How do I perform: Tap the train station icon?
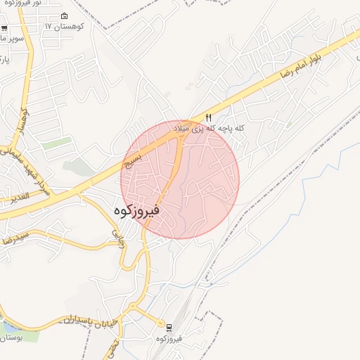coord(169,327)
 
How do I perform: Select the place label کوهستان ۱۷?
coord(64,26)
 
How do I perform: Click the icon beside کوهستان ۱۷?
coord(65,15)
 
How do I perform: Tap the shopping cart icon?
coord(5,29)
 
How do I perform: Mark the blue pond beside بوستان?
coord(8,328)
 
